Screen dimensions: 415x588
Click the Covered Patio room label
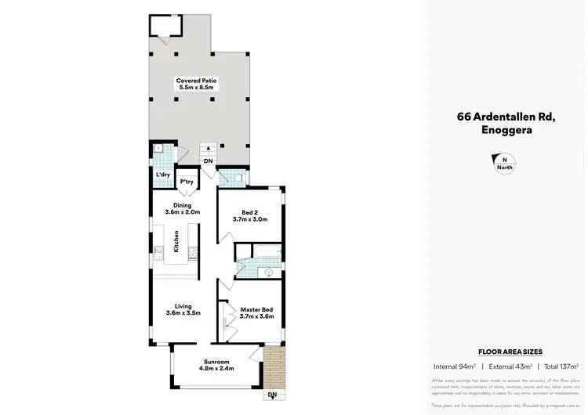pyautogui.click(x=196, y=81)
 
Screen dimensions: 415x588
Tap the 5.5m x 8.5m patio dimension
pyautogui.click(x=196, y=88)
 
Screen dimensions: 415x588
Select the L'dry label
pyautogui.click(x=164, y=175)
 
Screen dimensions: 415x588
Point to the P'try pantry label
pyautogui.click(x=187, y=182)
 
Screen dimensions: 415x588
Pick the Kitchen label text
pyautogui.click(x=177, y=241)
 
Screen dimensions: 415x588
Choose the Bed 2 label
pyautogui.click(x=250, y=212)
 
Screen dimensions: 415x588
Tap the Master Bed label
pyautogui.click(x=256, y=309)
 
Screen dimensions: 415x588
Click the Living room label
pyautogui.click(x=183, y=306)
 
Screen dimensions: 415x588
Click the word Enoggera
pyautogui.click(x=506, y=131)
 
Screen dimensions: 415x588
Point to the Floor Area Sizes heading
pyautogui.click(x=510, y=352)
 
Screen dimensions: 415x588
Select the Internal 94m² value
pyautogui.click(x=456, y=366)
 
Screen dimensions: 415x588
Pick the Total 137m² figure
pyautogui.click(x=561, y=366)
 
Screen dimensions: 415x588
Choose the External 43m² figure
pyautogui.click(x=509, y=366)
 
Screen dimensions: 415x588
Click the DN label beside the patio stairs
pyautogui.click(x=208, y=161)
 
